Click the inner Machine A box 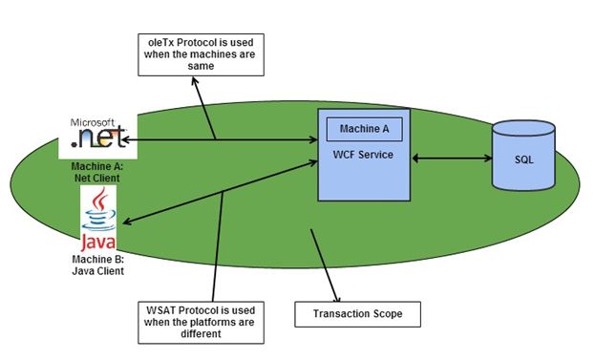(x=364, y=129)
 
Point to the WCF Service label (x=364, y=155)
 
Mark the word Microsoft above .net (x=94, y=123)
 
